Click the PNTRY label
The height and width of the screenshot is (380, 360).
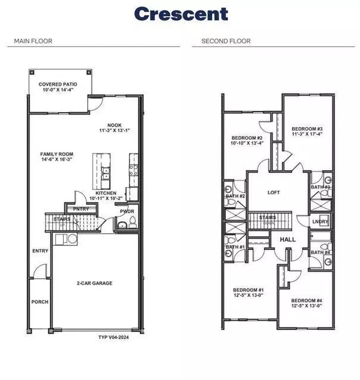point(81,209)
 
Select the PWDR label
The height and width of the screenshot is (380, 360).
point(127,211)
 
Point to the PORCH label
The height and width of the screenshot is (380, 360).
point(40,301)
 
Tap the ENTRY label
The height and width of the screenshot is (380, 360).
point(40,252)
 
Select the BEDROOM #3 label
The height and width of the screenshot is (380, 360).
point(307,129)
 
